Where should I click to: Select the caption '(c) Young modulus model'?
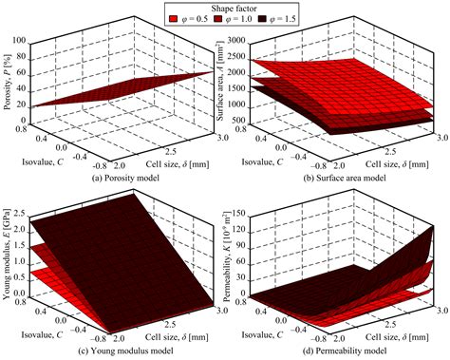(113, 354)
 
